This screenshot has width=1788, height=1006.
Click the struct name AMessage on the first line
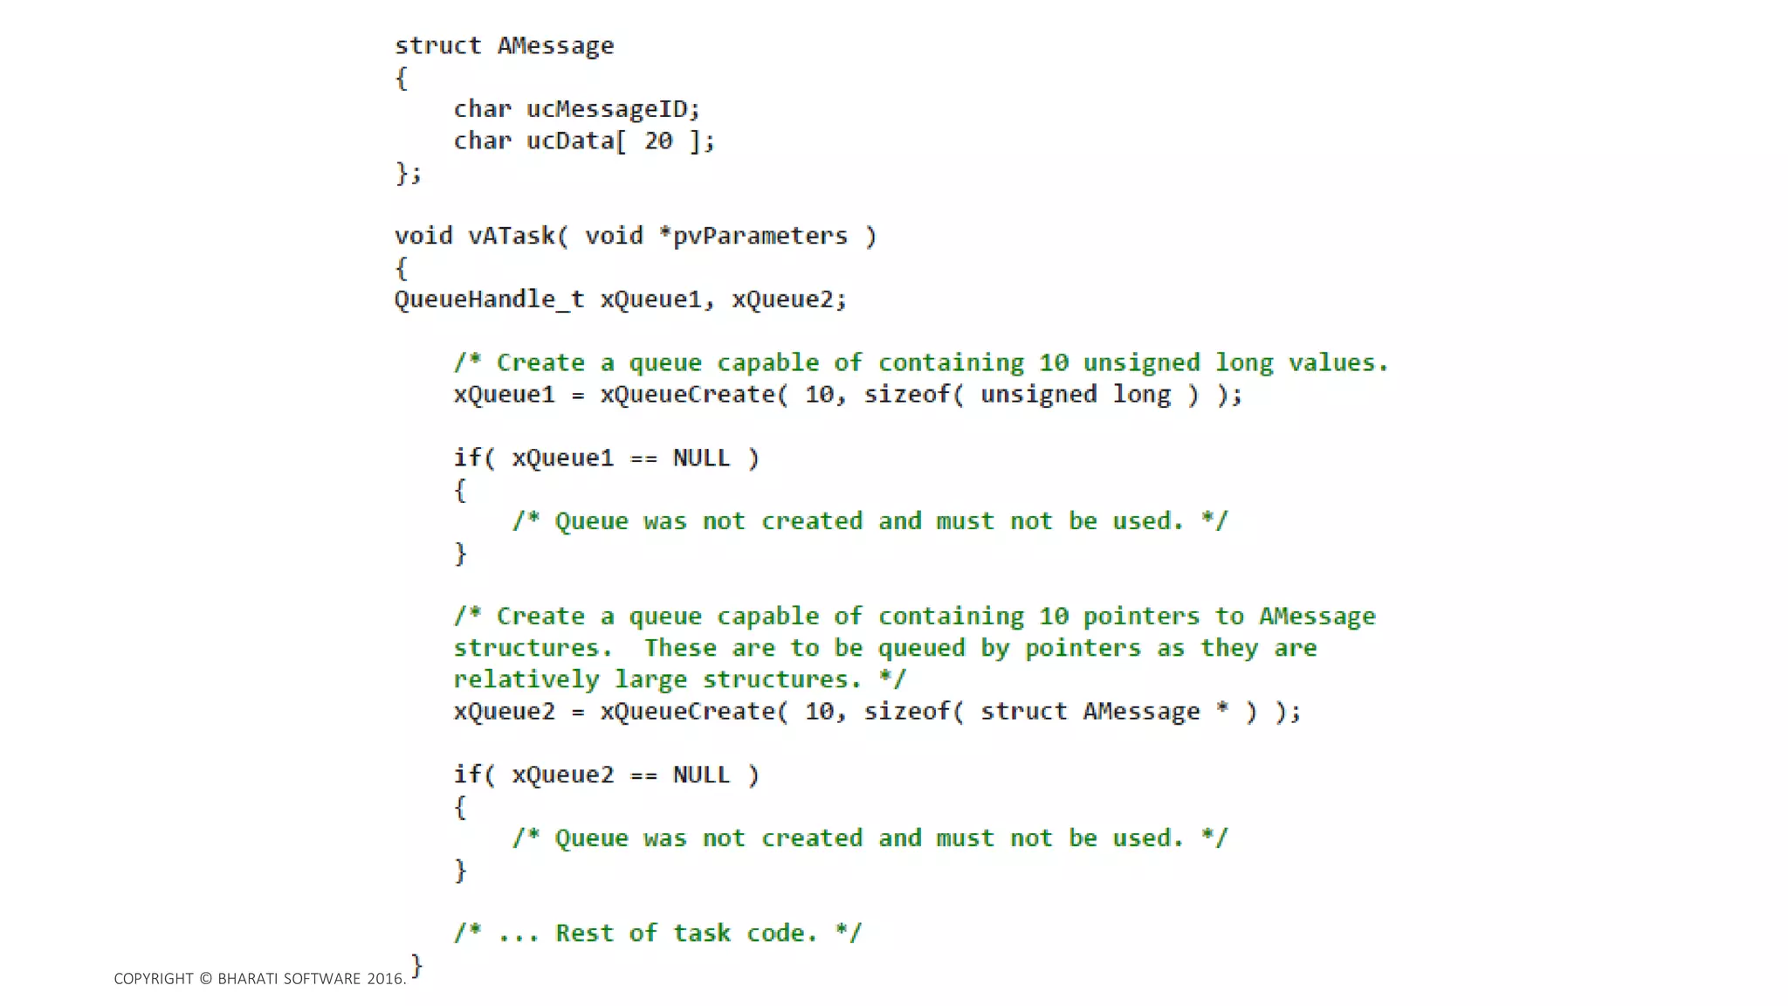click(555, 45)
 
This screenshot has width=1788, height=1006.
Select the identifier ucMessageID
click(606, 109)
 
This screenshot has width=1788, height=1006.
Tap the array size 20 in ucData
click(658, 141)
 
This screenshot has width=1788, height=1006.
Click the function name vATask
click(511, 236)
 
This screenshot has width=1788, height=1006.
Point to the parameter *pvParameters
click(753, 236)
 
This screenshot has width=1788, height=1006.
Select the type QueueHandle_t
click(489, 300)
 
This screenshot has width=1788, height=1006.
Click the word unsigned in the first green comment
click(1141, 362)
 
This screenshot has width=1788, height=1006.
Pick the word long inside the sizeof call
click(1141, 395)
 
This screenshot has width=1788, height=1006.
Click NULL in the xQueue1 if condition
click(701, 458)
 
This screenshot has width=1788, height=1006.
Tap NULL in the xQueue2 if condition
click(701, 775)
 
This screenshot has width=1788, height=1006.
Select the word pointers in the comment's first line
click(1141, 617)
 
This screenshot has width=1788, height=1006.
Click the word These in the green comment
click(680, 648)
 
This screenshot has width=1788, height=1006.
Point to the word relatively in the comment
click(526, 679)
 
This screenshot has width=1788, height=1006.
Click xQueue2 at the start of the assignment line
click(504, 712)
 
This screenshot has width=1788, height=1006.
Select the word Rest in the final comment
click(584, 933)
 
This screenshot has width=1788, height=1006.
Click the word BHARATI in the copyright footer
click(248, 979)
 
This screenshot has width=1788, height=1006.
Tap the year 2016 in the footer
click(384, 979)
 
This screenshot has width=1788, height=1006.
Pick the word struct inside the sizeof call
click(1023, 712)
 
